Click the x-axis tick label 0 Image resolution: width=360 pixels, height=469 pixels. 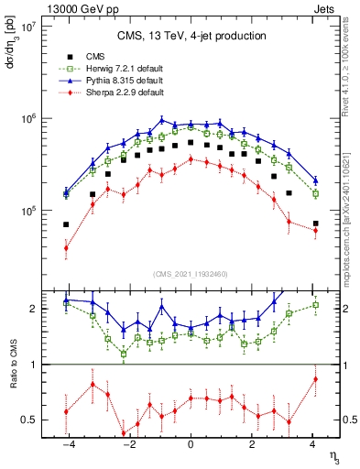[191, 444]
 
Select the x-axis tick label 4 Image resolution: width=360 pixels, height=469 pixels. [313, 444]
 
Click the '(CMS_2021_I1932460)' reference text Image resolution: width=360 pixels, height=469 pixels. [191, 274]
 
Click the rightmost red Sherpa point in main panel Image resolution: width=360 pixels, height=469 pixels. [315, 230]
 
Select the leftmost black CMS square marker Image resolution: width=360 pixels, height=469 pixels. [66, 224]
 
